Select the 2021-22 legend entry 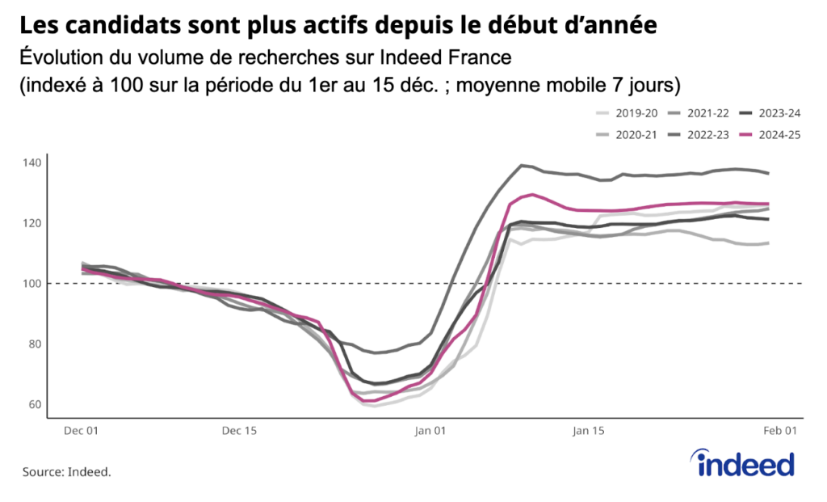pos(700,114)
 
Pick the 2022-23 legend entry pos(700,135)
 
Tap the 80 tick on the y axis pos(33,344)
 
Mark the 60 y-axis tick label pos(33,405)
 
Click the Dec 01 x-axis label pos(81,432)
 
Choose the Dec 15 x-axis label pos(239,432)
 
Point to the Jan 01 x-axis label pos(430,432)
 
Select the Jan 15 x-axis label pos(588,432)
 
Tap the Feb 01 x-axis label pos(781,432)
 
